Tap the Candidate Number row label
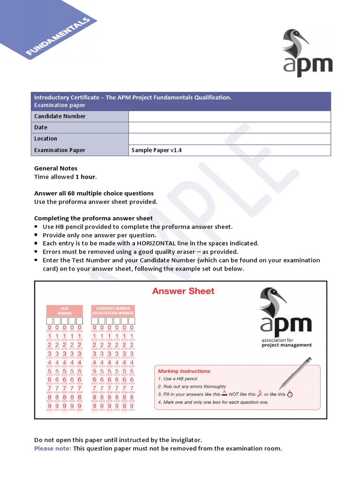(60, 116)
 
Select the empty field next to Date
(229, 127)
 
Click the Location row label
(45, 139)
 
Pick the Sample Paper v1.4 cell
(157, 150)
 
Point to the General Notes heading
(56, 168)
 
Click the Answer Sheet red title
(183, 291)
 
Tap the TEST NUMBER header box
(64, 311)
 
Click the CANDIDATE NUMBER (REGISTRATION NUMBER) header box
(113, 311)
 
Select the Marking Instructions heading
(184, 371)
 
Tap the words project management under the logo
(286, 345)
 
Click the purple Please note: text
(52, 448)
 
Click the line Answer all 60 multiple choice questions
(94, 193)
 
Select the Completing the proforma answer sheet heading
(93, 218)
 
